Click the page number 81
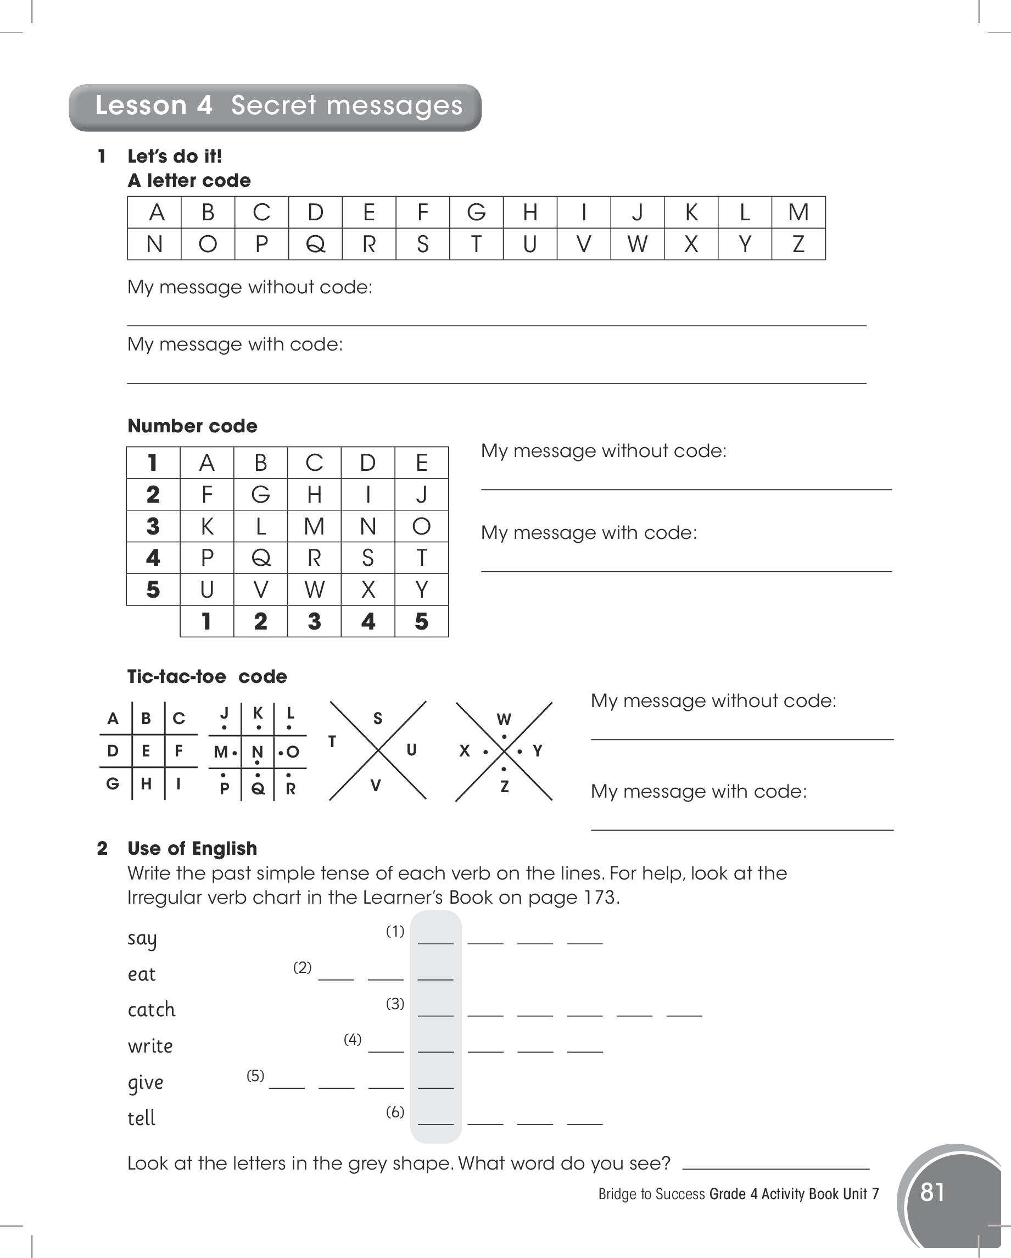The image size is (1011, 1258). tap(932, 1192)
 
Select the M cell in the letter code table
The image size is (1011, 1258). tap(798, 213)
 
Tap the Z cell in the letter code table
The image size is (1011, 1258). tap(798, 244)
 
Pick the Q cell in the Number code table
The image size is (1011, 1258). tap(260, 558)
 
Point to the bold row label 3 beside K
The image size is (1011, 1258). tap(153, 526)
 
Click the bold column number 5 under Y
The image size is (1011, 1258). tap(421, 621)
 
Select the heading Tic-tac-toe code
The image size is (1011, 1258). tap(207, 676)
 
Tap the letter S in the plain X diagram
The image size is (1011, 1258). tap(377, 719)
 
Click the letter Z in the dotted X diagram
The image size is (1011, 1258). tap(505, 787)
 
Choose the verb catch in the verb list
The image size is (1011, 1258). tap(151, 1010)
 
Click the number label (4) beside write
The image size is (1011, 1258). tap(353, 1039)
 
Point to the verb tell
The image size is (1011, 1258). tap(141, 1118)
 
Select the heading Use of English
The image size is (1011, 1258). tap(192, 848)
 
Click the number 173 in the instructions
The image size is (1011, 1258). tap(600, 897)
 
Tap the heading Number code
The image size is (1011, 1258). tap(192, 426)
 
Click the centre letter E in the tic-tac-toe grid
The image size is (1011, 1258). tap(146, 751)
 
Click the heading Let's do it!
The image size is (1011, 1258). tap(175, 157)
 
